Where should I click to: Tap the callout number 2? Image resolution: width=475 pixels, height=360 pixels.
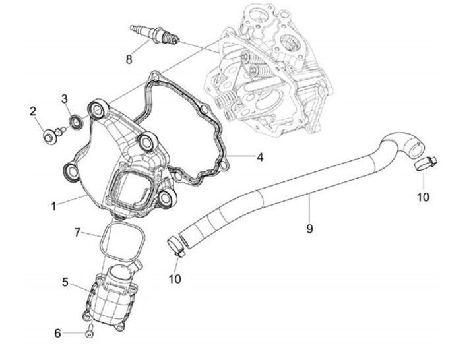(32, 111)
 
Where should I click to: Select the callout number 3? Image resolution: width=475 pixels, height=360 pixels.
(65, 99)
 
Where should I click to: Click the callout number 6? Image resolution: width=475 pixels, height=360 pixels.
(58, 333)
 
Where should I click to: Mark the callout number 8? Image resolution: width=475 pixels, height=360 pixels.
(129, 59)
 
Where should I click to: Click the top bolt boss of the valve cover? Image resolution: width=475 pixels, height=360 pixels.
(98, 107)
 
